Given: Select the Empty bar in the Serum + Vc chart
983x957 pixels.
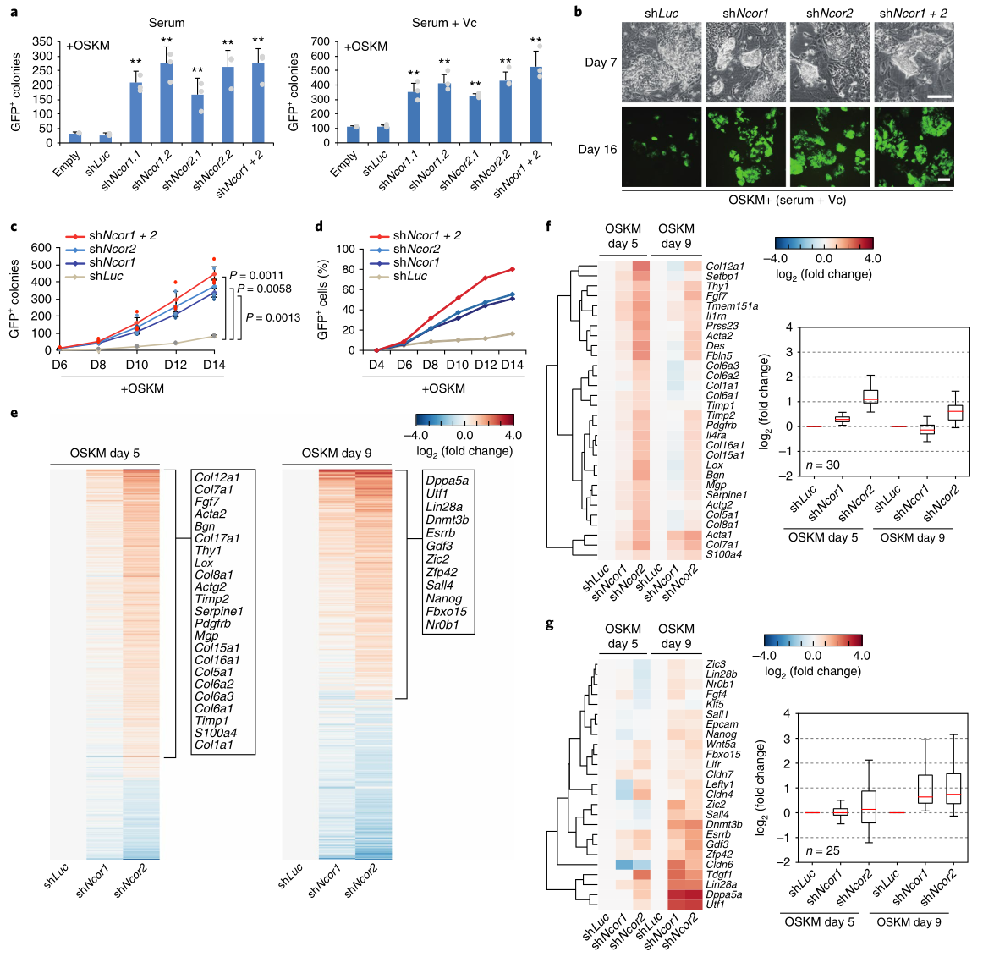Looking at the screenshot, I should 353,135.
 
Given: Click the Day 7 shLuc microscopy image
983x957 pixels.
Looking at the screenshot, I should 662,63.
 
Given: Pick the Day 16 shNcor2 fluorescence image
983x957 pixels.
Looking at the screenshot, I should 829,147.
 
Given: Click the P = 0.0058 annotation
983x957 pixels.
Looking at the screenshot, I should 264,289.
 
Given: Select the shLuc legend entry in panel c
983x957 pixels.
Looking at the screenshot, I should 106,276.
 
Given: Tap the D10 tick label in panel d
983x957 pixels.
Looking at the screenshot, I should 457,365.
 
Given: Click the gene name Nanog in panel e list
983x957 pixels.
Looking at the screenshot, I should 443,598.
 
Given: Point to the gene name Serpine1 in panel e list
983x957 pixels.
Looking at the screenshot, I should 219,611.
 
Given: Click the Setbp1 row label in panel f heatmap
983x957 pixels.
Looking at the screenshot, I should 722,277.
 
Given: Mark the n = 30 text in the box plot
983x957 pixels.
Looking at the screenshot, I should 799,465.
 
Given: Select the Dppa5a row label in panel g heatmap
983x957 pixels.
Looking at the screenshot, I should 724,894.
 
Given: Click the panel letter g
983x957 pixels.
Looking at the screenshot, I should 550,624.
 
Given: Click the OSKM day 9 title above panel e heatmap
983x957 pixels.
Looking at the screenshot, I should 336,454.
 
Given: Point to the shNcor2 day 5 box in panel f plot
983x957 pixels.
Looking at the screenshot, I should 870,396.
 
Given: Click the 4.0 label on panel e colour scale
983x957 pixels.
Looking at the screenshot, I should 513,435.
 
